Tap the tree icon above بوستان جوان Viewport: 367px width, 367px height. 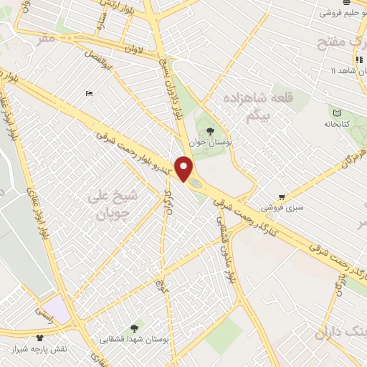[209, 131]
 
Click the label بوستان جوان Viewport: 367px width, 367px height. [209, 143]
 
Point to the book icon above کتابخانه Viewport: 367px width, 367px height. [337, 112]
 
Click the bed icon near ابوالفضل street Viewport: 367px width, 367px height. [89, 93]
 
